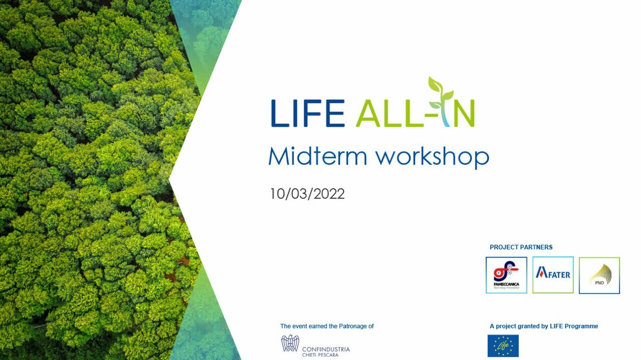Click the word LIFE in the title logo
pyautogui.click(x=307, y=113)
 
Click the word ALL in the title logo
pyautogui.click(x=386, y=113)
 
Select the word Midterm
pyautogui.click(x=318, y=156)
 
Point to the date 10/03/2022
pyautogui.click(x=307, y=193)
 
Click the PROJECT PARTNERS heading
pyautogui.click(x=521, y=247)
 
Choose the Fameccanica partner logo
pyautogui.click(x=506, y=275)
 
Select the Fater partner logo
pyautogui.click(x=553, y=275)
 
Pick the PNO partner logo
pyautogui.click(x=599, y=275)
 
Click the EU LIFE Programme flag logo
pyautogui.click(x=503, y=346)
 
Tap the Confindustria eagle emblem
pyautogui.click(x=290, y=343)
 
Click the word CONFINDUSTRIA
pyautogui.click(x=326, y=349)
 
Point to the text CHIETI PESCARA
pyautogui.click(x=320, y=355)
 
